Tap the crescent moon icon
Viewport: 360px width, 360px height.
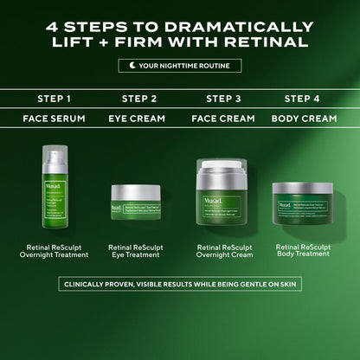pyautogui.click(x=131, y=66)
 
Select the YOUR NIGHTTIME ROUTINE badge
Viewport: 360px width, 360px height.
pyautogui.click(x=180, y=66)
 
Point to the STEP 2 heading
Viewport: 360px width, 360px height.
pyautogui.click(x=139, y=99)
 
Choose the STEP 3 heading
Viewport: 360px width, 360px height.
pyautogui.click(x=223, y=99)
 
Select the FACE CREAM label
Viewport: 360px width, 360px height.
pyautogui.click(x=223, y=119)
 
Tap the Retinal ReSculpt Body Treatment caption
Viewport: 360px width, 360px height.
pyautogui.click(x=302, y=251)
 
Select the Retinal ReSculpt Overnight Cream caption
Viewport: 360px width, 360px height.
pyautogui.click(x=223, y=251)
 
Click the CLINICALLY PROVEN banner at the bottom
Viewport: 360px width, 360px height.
pyautogui.click(x=180, y=284)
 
